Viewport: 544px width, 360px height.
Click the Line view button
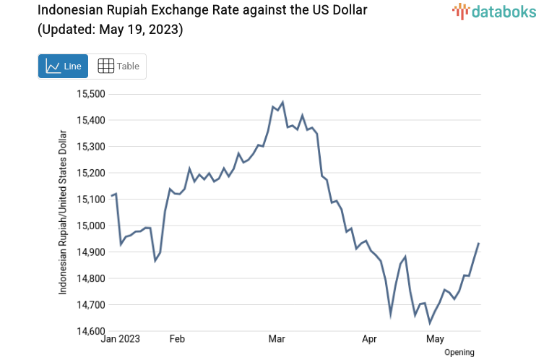click(x=64, y=66)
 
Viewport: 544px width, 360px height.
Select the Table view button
click(x=118, y=66)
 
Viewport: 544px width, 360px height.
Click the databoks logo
click(x=494, y=11)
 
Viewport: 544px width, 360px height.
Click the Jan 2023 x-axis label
click(x=120, y=338)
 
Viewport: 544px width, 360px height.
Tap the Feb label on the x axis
click(x=176, y=338)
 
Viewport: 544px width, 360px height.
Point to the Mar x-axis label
click(x=277, y=338)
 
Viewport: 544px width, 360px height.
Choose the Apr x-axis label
click(x=370, y=338)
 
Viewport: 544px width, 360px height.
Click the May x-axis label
click(x=435, y=338)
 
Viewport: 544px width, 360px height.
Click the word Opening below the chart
click(x=459, y=352)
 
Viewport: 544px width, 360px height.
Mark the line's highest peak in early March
click(x=282, y=102)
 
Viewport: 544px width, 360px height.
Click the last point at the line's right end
click(x=479, y=244)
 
